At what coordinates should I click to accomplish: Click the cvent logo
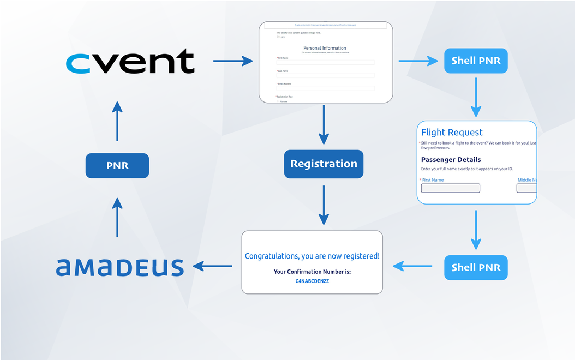tap(130, 61)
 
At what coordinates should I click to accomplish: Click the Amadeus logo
tap(120, 267)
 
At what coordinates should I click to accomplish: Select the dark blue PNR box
tap(117, 165)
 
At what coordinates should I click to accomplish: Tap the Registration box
tap(324, 164)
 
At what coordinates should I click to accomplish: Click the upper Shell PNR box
tap(476, 61)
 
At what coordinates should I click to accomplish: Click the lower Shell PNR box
tap(476, 267)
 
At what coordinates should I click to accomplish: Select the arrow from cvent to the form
tap(232, 61)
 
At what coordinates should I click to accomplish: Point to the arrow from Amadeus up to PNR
tap(117, 217)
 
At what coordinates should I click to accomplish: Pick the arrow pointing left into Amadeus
tap(213, 267)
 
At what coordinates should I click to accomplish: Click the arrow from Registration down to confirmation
tap(324, 205)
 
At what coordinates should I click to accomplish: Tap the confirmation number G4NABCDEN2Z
tap(312, 281)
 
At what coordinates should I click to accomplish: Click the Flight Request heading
tap(452, 133)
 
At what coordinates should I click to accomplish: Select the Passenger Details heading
tap(451, 160)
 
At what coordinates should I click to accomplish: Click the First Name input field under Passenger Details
tap(451, 188)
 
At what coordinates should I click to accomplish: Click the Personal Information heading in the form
tap(325, 48)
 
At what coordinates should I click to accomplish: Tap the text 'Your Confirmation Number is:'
tap(312, 271)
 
